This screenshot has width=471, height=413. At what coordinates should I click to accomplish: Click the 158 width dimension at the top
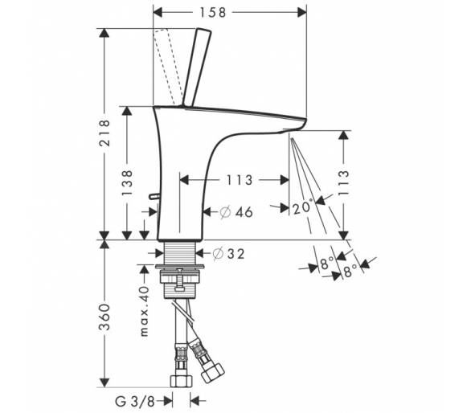(x=213, y=13)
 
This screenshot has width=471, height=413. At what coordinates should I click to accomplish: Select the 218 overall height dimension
(x=104, y=133)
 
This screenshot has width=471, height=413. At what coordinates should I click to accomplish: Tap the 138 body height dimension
(x=127, y=182)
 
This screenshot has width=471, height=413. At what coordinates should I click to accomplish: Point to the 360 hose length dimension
(x=104, y=317)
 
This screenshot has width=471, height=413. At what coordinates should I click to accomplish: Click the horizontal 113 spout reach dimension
(x=240, y=180)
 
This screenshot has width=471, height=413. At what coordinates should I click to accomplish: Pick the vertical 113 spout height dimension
(x=344, y=183)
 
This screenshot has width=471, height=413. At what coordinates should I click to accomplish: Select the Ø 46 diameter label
(x=236, y=212)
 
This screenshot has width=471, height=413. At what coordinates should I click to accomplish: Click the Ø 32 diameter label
(x=228, y=254)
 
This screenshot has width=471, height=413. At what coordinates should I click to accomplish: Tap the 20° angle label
(x=303, y=207)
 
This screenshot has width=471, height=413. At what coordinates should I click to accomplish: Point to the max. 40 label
(x=145, y=311)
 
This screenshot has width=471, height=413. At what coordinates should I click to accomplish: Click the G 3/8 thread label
(x=135, y=402)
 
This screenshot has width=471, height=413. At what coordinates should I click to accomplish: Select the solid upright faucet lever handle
(x=196, y=67)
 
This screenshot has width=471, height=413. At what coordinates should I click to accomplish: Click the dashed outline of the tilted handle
(x=167, y=67)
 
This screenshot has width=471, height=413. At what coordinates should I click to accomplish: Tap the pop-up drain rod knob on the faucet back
(x=154, y=196)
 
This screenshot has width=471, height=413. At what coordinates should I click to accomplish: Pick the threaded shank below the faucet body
(x=180, y=253)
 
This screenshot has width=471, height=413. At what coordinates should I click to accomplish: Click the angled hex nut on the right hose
(x=212, y=373)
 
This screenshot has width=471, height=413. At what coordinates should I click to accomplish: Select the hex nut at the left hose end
(x=181, y=381)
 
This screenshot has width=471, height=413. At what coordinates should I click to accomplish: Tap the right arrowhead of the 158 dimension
(x=302, y=13)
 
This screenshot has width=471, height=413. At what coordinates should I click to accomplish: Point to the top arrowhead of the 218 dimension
(x=104, y=33)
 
